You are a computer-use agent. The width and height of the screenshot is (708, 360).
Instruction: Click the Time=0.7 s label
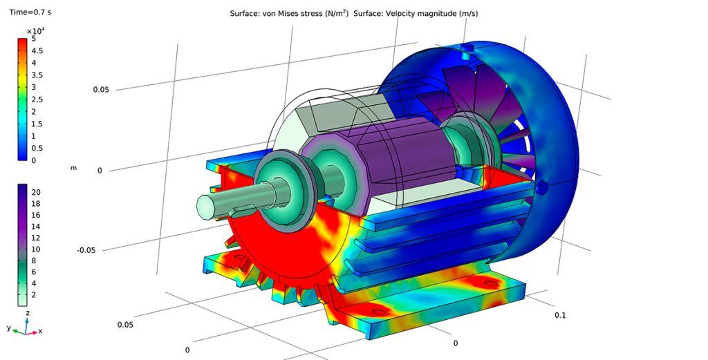tap(30, 12)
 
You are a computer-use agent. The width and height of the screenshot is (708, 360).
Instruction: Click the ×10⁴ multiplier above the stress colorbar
tap(36, 31)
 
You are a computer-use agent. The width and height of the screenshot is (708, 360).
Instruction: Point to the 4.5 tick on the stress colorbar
tap(37, 51)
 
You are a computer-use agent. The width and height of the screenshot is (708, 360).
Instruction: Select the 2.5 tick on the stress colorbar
tap(37, 100)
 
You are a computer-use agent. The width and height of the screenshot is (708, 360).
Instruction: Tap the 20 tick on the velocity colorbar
tap(36, 192)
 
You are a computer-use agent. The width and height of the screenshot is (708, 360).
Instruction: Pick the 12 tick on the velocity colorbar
tap(36, 238)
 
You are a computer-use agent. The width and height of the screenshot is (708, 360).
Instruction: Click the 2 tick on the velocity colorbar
tap(33, 294)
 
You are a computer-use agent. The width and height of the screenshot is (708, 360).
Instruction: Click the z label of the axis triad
tap(28, 312)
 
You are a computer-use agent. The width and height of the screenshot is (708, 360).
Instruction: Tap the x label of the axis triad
tap(40, 331)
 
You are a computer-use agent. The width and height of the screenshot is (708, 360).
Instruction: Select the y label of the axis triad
tap(9, 328)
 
